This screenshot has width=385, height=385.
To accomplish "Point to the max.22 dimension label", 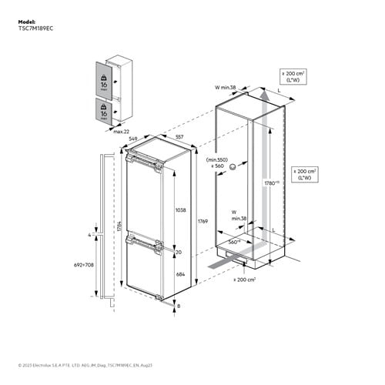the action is (120, 132).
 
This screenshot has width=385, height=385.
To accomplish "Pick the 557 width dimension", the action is (179, 136).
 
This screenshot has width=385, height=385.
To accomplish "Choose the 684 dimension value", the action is (181, 275).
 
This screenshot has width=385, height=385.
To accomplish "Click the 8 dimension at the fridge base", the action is (181, 306).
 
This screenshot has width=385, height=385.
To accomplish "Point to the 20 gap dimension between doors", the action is (179, 252).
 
